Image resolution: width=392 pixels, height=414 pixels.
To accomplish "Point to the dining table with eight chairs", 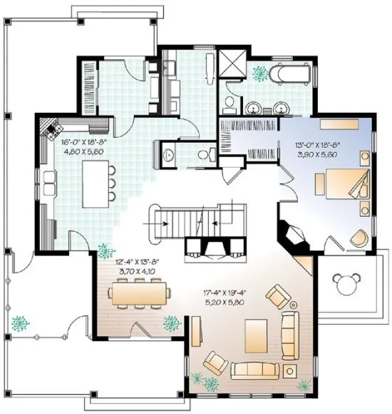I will tap(139, 293).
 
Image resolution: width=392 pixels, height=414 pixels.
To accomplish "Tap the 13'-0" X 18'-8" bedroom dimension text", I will tap(320, 144).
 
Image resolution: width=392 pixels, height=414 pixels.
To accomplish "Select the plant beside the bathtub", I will tap(258, 73).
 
